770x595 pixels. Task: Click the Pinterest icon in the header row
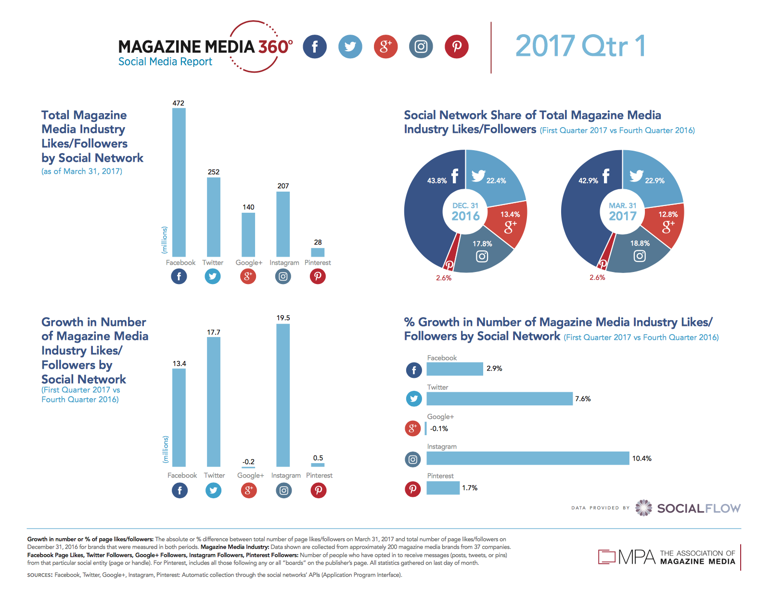tap(456, 47)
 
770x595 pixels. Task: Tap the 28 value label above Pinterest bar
tap(318, 242)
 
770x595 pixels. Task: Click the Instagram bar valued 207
tap(283, 224)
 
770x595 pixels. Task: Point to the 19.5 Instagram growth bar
tap(283, 395)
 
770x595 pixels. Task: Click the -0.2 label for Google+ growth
tap(248, 462)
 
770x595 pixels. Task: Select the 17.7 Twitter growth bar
tap(214, 401)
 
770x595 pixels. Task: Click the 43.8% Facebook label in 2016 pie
tap(437, 181)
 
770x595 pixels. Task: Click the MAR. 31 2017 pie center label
tap(623, 212)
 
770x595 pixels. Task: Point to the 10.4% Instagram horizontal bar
tap(527, 458)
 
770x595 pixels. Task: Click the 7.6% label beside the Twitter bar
tap(583, 399)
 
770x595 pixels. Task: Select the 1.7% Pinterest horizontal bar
tap(443, 488)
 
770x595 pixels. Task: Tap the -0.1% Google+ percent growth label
tap(439, 428)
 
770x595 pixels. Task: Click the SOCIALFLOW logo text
tap(699, 508)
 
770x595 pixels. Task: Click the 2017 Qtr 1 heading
tap(580, 46)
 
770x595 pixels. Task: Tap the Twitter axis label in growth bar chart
tap(214, 475)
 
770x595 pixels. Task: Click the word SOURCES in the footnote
tap(39, 575)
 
